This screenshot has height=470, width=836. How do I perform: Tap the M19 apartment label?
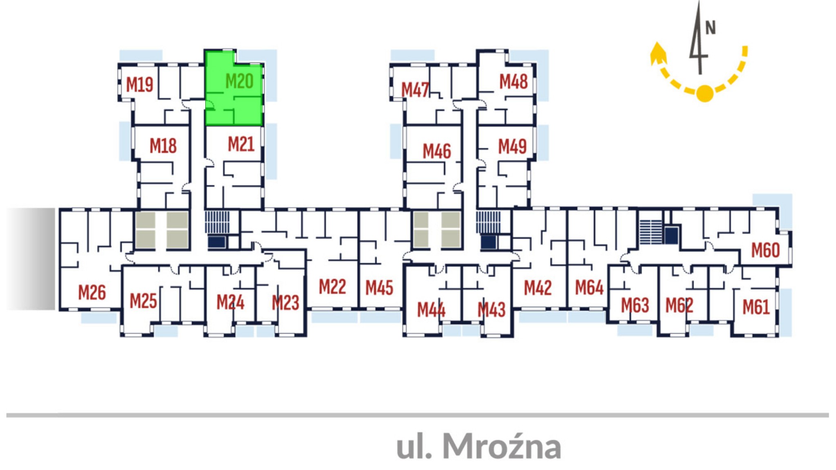pos(140,85)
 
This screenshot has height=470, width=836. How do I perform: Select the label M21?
pos(241,144)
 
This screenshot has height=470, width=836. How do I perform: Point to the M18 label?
pos(163,146)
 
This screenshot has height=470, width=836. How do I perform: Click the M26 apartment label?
pos(92,292)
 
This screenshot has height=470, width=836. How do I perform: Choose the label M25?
pos(143,301)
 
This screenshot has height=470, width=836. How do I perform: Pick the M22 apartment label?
pos(332,287)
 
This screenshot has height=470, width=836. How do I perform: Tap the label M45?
pos(379,288)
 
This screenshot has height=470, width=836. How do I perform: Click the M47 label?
pos(415,90)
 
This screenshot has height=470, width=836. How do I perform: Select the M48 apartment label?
pos(514,82)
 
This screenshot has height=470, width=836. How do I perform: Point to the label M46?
pos(437,151)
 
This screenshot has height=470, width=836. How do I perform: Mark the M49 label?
pos(512,147)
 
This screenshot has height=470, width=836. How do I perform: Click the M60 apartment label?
pos(765,250)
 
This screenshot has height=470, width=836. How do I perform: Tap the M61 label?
pos(756,307)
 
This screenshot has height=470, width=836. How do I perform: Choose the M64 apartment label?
pos(589,287)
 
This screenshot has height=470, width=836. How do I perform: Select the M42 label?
pos(538,288)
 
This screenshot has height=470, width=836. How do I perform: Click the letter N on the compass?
pos(711,28)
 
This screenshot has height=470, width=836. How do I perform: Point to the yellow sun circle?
pos(705,94)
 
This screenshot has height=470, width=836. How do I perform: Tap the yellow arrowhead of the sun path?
pos(658,53)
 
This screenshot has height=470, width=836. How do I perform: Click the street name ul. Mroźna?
pos(478,446)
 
